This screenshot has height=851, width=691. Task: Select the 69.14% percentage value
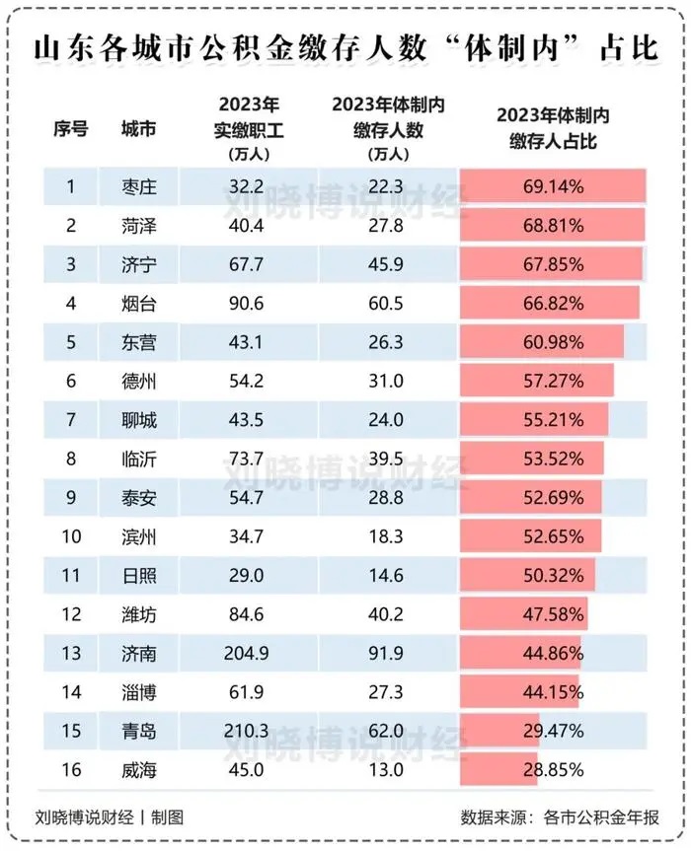point(553,185)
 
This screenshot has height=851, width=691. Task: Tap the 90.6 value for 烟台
point(245,302)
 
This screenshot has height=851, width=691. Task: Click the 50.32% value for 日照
point(553,572)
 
